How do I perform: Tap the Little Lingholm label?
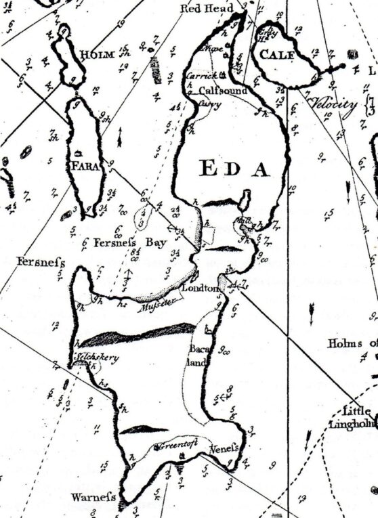click(x=352, y=418)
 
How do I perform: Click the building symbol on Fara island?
click(x=80, y=153)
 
